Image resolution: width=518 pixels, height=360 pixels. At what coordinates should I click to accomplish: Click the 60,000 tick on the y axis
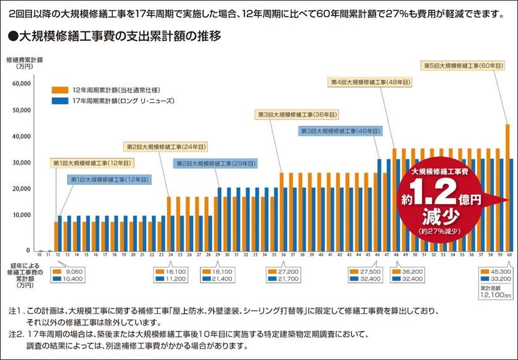point(22,83)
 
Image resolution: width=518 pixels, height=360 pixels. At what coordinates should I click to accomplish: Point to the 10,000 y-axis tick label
point(22,215)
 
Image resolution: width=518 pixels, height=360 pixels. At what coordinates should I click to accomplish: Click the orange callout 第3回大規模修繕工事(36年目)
point(296,115)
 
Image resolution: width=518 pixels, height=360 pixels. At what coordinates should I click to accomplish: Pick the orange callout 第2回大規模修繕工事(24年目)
point(166,147)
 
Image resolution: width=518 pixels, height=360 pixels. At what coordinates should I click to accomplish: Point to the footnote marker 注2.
point(15,333)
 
